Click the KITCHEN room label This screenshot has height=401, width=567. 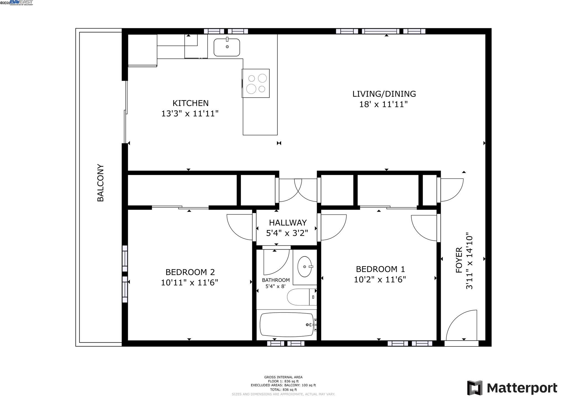tap(190, 103)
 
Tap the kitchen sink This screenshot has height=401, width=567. tap(227, 47)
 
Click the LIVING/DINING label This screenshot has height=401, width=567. tap(384, 94)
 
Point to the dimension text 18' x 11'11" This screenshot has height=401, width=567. tap(383, 105)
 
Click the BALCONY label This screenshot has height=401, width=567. tap(100, 183)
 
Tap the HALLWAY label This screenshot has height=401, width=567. tap(288, 223)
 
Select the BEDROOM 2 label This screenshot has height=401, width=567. tap(190, 272)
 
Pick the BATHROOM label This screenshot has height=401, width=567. tap(276, 280)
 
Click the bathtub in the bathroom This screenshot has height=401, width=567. tap(287, 325)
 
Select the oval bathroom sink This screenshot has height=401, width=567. tap(305, 267)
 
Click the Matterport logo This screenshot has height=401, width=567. tap(512, 388)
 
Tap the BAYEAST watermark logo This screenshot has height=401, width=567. tap(21, 3)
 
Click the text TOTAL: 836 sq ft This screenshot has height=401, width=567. tap(283, 389)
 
